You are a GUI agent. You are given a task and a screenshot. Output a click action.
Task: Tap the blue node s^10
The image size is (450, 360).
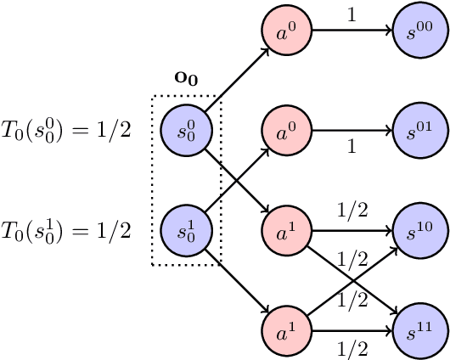tap(417, 230)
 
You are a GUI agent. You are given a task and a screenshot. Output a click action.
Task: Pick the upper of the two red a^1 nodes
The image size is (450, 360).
tap(286, 230)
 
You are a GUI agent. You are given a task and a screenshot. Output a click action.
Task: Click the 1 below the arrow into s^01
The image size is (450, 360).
tap(351, 148)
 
